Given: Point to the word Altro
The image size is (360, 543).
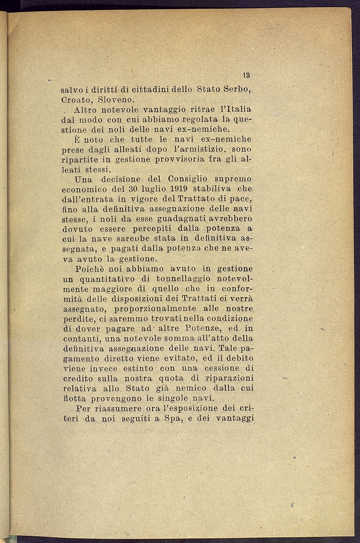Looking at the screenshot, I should [86, 110].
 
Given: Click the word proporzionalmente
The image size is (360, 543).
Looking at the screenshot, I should [155, 309].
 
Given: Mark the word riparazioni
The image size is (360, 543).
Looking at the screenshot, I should [231, 378].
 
